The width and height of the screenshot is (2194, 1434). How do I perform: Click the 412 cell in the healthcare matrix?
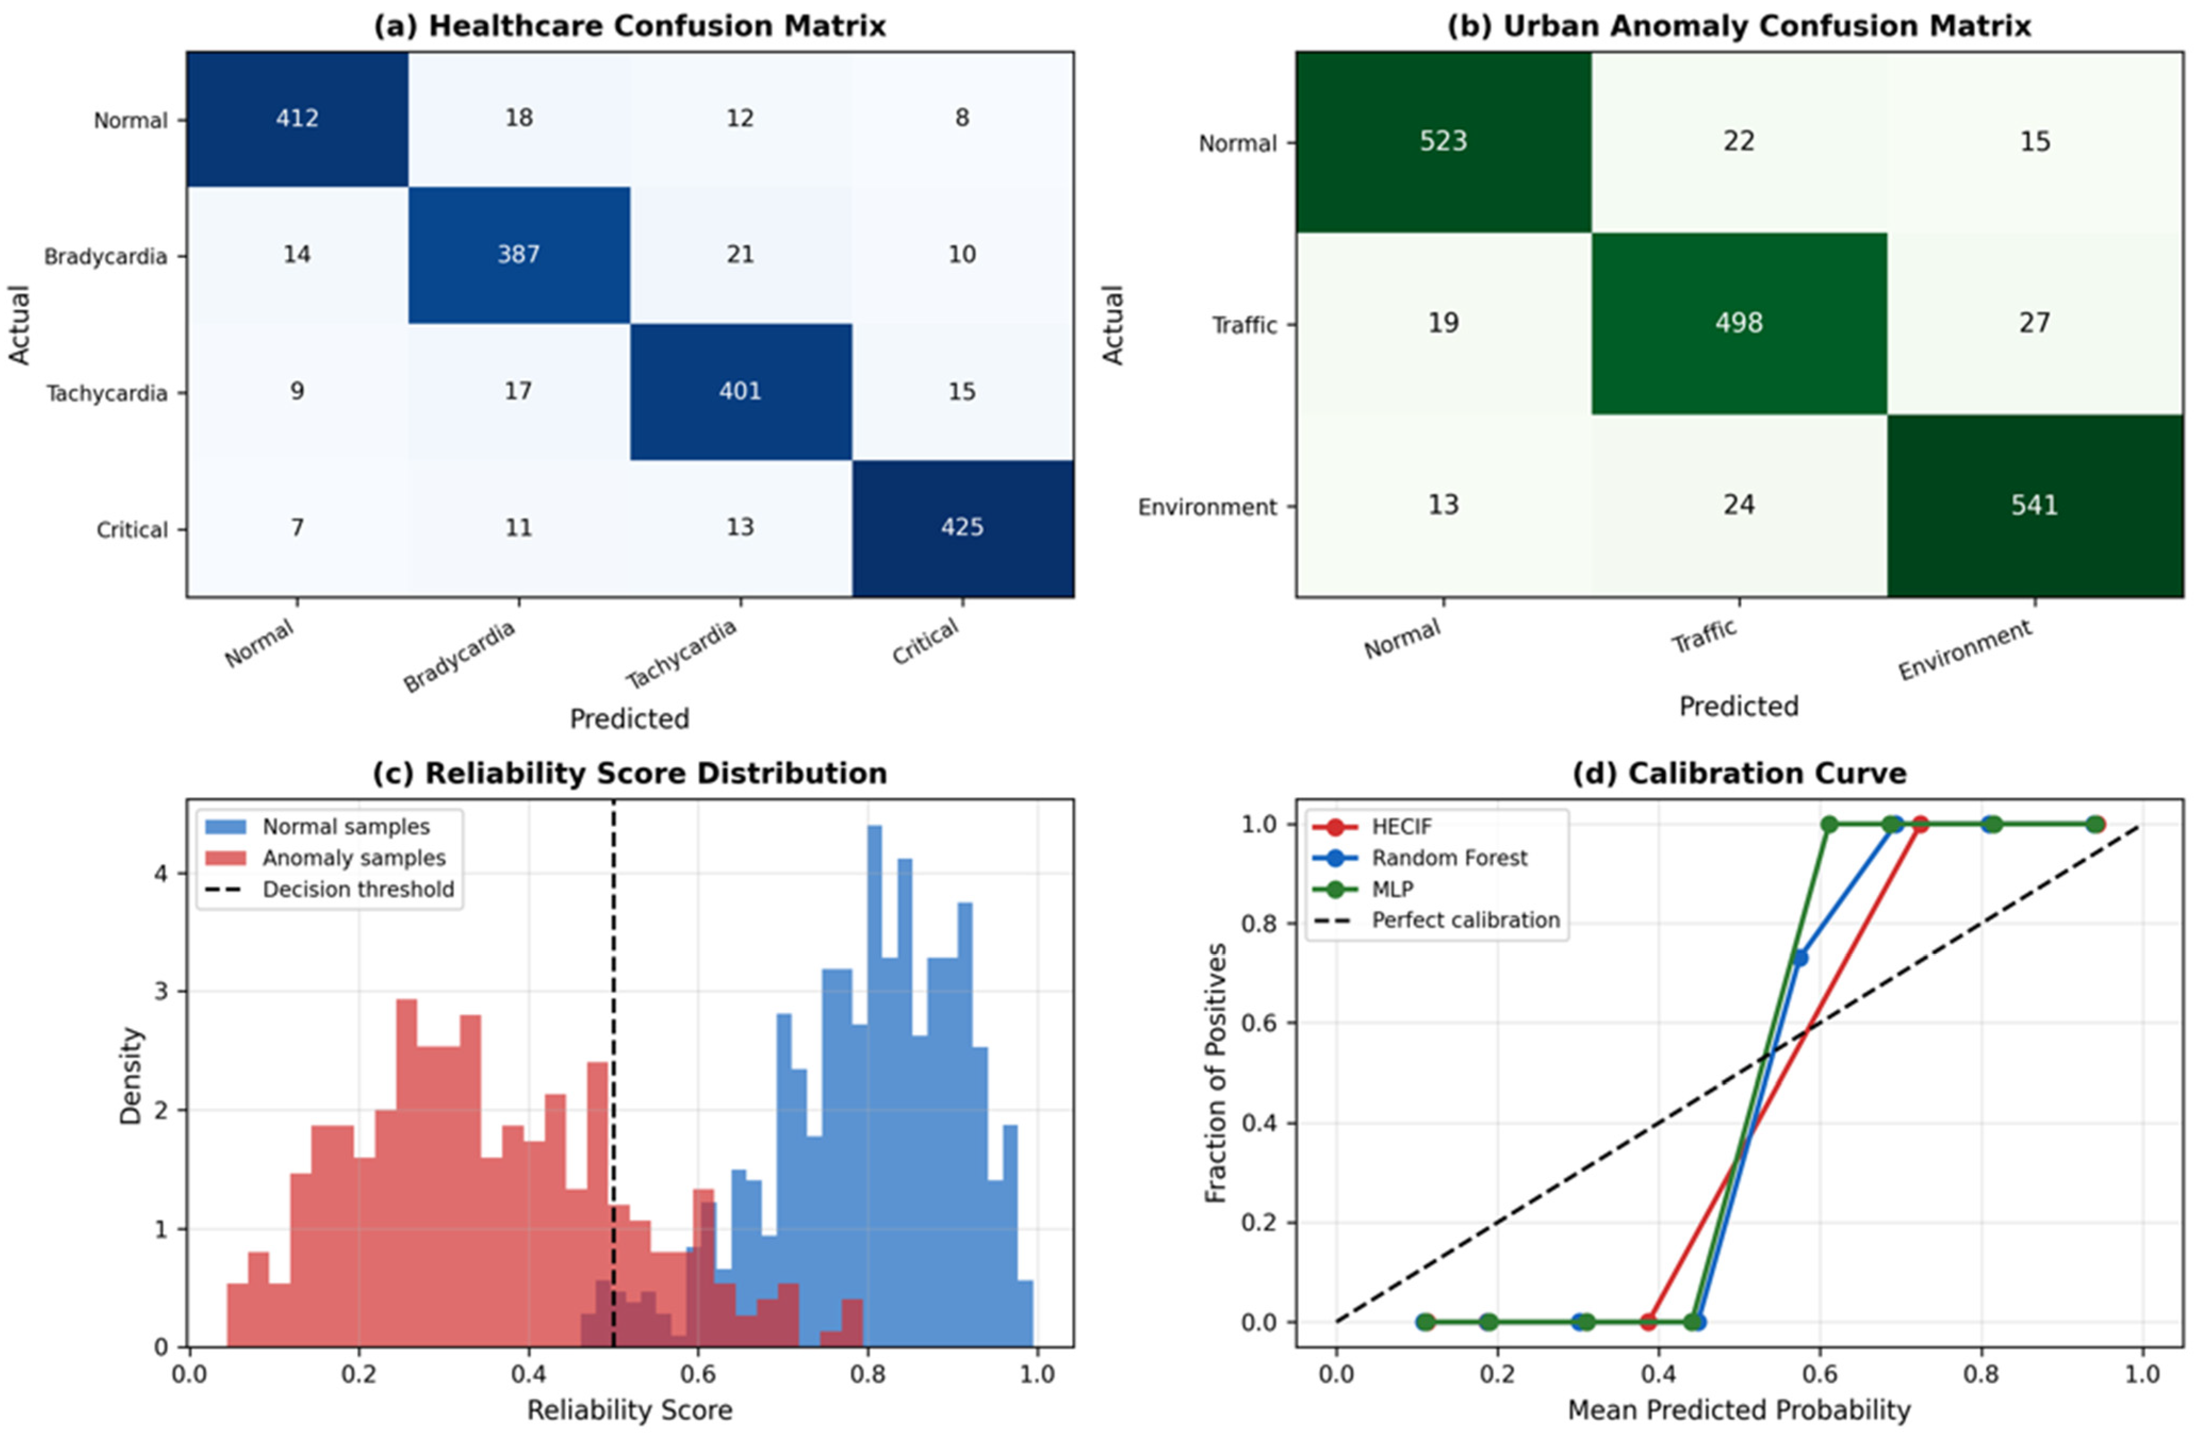[297, 119]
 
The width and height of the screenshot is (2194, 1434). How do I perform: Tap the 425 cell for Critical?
[963, 528]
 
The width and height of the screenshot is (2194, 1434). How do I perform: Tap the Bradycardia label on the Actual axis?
[106, 256]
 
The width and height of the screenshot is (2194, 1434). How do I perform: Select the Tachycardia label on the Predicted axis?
[682, 653]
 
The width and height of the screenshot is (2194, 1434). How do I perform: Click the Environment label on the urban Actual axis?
[1207, 507]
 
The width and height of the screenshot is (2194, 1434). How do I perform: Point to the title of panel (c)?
[630, 773]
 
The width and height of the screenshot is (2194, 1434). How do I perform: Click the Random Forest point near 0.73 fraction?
[1799, 958]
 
